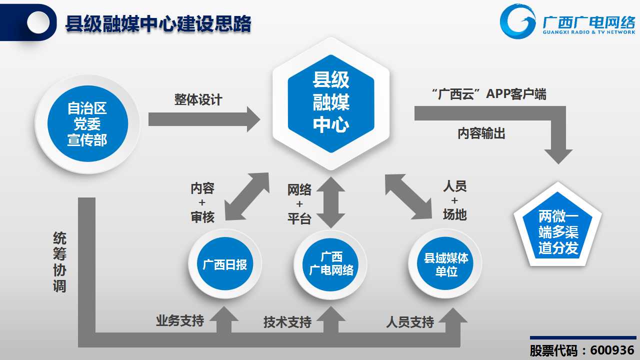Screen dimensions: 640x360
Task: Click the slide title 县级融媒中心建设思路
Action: [x=158, y=23]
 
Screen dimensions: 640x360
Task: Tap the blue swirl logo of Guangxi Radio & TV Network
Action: [x=517, y=21]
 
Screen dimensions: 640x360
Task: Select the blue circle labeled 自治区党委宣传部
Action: [x=87, y=123]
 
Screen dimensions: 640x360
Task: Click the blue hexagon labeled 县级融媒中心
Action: [x=331, y=103]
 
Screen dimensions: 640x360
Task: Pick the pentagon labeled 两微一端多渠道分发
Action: [x=557, y=227]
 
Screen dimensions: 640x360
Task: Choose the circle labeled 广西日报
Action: [x=225, y=264]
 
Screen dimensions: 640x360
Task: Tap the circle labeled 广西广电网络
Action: [x=330, y=264]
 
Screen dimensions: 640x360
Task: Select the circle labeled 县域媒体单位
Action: [x=445, y=263]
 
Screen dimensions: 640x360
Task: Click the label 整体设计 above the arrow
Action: [x=198, y=99]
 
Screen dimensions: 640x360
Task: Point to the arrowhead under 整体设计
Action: [x=253, y=119]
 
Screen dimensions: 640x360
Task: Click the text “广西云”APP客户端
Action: [x=489, y=94]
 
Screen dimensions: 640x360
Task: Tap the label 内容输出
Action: [x=481, y=133]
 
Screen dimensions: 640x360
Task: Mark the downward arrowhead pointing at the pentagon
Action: [x=558, y=156]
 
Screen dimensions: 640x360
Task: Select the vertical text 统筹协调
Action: [x=59, y=262]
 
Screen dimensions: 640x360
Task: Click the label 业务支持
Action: [x=180, y=320]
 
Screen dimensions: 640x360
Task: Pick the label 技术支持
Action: [x=287, y=322]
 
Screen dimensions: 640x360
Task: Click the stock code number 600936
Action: [x=612, y=350]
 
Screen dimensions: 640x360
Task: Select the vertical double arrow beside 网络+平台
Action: [x=330, y=202]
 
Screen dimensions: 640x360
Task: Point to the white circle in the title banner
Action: [x=38, y=22]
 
